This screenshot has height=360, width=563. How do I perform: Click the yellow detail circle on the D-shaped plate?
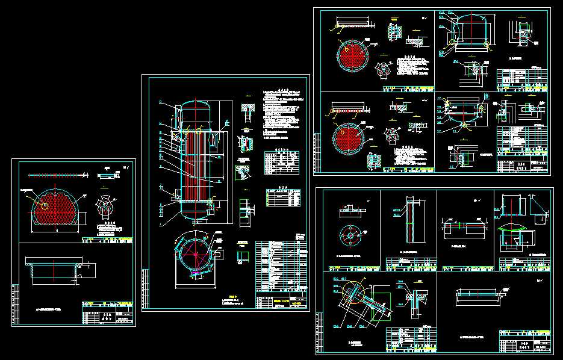click(x=43, y=205)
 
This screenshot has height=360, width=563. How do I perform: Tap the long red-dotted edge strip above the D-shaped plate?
click(x=57, y=175)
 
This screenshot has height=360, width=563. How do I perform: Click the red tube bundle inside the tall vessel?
click(x=196, y=169)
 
